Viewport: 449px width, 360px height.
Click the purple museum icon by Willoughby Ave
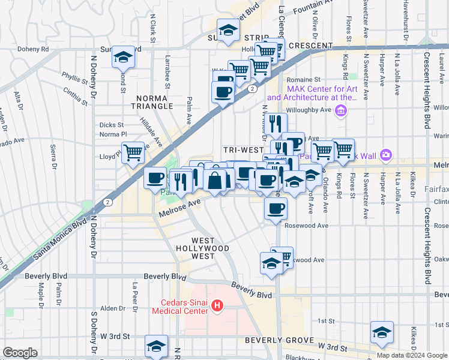[x=341, y=110]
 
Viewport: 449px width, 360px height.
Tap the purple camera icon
[x=385, y=155]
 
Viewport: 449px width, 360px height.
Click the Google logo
[x=20, y=353]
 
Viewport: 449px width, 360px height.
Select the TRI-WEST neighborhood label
[x=243, y=149]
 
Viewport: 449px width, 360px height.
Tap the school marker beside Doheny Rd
[x=123, y=57]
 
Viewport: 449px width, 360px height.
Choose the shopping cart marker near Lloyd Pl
[x=132, y=152]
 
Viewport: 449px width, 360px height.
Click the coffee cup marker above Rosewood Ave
[x=276, y=209]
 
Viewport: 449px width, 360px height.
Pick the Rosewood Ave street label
[x=307, y=226]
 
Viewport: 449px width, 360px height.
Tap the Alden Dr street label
[x=112, y=308]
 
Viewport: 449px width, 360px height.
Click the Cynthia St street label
[x=76, y=95]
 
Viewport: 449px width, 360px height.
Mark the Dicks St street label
[x=111, y=125]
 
